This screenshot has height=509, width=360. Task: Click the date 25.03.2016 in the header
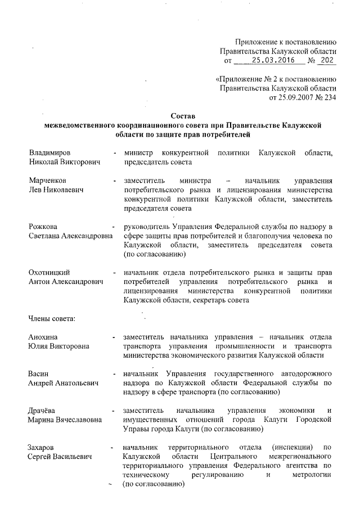(x=270, y=60)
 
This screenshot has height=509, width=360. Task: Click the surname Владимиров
(x=52, y=152)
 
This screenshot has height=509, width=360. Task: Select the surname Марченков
(x=50, y=181)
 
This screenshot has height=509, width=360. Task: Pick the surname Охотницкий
(x=52, y=273)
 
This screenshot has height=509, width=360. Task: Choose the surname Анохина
(x=45, y=337)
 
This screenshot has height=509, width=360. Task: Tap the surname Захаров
(x=45, y=447)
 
